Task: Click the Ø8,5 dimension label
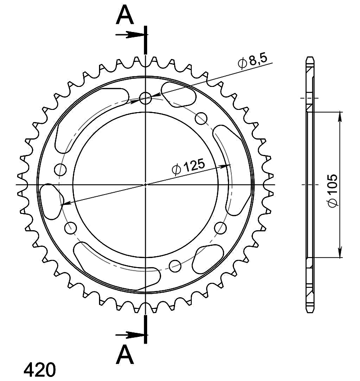(x=252, y=61)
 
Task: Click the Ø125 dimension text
(x=188, y=167)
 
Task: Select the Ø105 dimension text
(x=333, y=190)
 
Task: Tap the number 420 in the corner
(x=40, y=370)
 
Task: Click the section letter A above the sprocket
(x=125, y=15)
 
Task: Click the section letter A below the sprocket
(x=125, y=354)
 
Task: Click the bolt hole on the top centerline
(x=145, y=98)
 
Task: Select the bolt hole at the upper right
(x=201, y=118)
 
